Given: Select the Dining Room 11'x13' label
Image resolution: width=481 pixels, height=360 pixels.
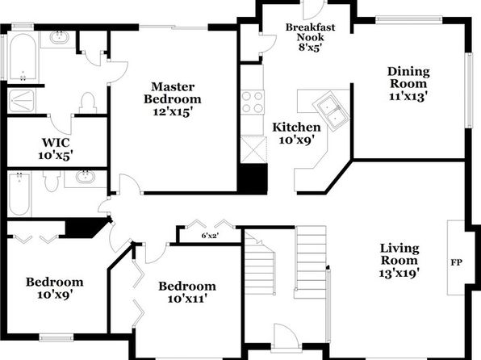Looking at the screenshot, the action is [408, 83].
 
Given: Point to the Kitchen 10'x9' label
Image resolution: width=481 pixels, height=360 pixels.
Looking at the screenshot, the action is [296, 133].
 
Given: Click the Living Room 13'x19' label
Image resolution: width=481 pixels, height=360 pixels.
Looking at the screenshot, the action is [399, 260].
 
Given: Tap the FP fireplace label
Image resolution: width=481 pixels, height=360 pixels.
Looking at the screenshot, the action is [456, 262].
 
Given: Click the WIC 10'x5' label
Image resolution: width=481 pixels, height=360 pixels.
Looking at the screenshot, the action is [56, 149].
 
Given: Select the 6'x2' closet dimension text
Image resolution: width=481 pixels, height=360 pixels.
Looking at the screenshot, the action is [210, 236].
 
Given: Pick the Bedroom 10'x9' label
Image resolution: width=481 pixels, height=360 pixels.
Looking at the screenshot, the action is [54, 288].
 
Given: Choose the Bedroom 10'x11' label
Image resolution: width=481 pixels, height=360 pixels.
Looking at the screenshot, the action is [187, 292].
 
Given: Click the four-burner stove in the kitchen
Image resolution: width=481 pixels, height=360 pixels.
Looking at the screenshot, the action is [253, 103].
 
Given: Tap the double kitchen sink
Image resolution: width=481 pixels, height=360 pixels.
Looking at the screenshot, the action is [331, 111].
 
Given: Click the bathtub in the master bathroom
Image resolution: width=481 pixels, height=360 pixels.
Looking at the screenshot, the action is [23, 57].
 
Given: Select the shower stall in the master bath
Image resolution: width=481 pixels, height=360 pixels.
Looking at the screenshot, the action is [22, 100].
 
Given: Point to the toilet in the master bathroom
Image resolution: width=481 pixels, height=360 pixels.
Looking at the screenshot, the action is [88, 103].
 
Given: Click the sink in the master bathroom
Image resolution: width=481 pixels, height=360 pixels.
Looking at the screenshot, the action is [60, 38].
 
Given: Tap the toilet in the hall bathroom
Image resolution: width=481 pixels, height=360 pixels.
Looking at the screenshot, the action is [52, 181].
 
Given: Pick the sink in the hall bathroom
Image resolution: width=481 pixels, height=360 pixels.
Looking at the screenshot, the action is [86, 178].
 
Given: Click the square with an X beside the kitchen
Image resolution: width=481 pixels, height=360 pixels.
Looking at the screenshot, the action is [253, 149].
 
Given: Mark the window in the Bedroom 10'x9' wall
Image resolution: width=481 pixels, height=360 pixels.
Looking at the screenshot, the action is [56, 338].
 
